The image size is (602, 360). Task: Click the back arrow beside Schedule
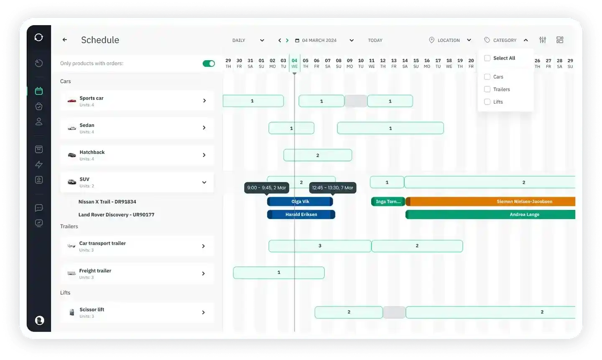click(65, 40)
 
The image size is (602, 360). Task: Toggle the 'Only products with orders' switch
click(209, 64)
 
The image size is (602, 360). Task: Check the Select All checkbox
click(487, 58)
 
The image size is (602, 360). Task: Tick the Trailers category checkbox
click(487, 89)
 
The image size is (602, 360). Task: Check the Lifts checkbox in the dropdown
click(487, 102)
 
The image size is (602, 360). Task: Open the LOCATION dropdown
click(450, 40)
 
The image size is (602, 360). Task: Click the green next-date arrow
click(287, 40)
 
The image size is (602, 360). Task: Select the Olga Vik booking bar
click(300, 202)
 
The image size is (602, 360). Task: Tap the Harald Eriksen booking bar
click(301, 214)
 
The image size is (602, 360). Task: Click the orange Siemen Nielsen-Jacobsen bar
click(490, 202)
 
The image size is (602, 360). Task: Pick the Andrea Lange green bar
click(490, 214)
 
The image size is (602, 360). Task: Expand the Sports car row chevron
click(204, 100)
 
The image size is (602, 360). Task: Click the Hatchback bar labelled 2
click(317, 155)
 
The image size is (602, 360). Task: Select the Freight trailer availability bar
click(279, 273)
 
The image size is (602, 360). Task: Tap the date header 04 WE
click(294, 63)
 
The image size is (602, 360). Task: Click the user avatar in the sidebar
click(39, 320)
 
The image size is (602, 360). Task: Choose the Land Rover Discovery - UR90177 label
click(116, 214)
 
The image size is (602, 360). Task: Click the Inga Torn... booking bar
click(388, 202)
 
